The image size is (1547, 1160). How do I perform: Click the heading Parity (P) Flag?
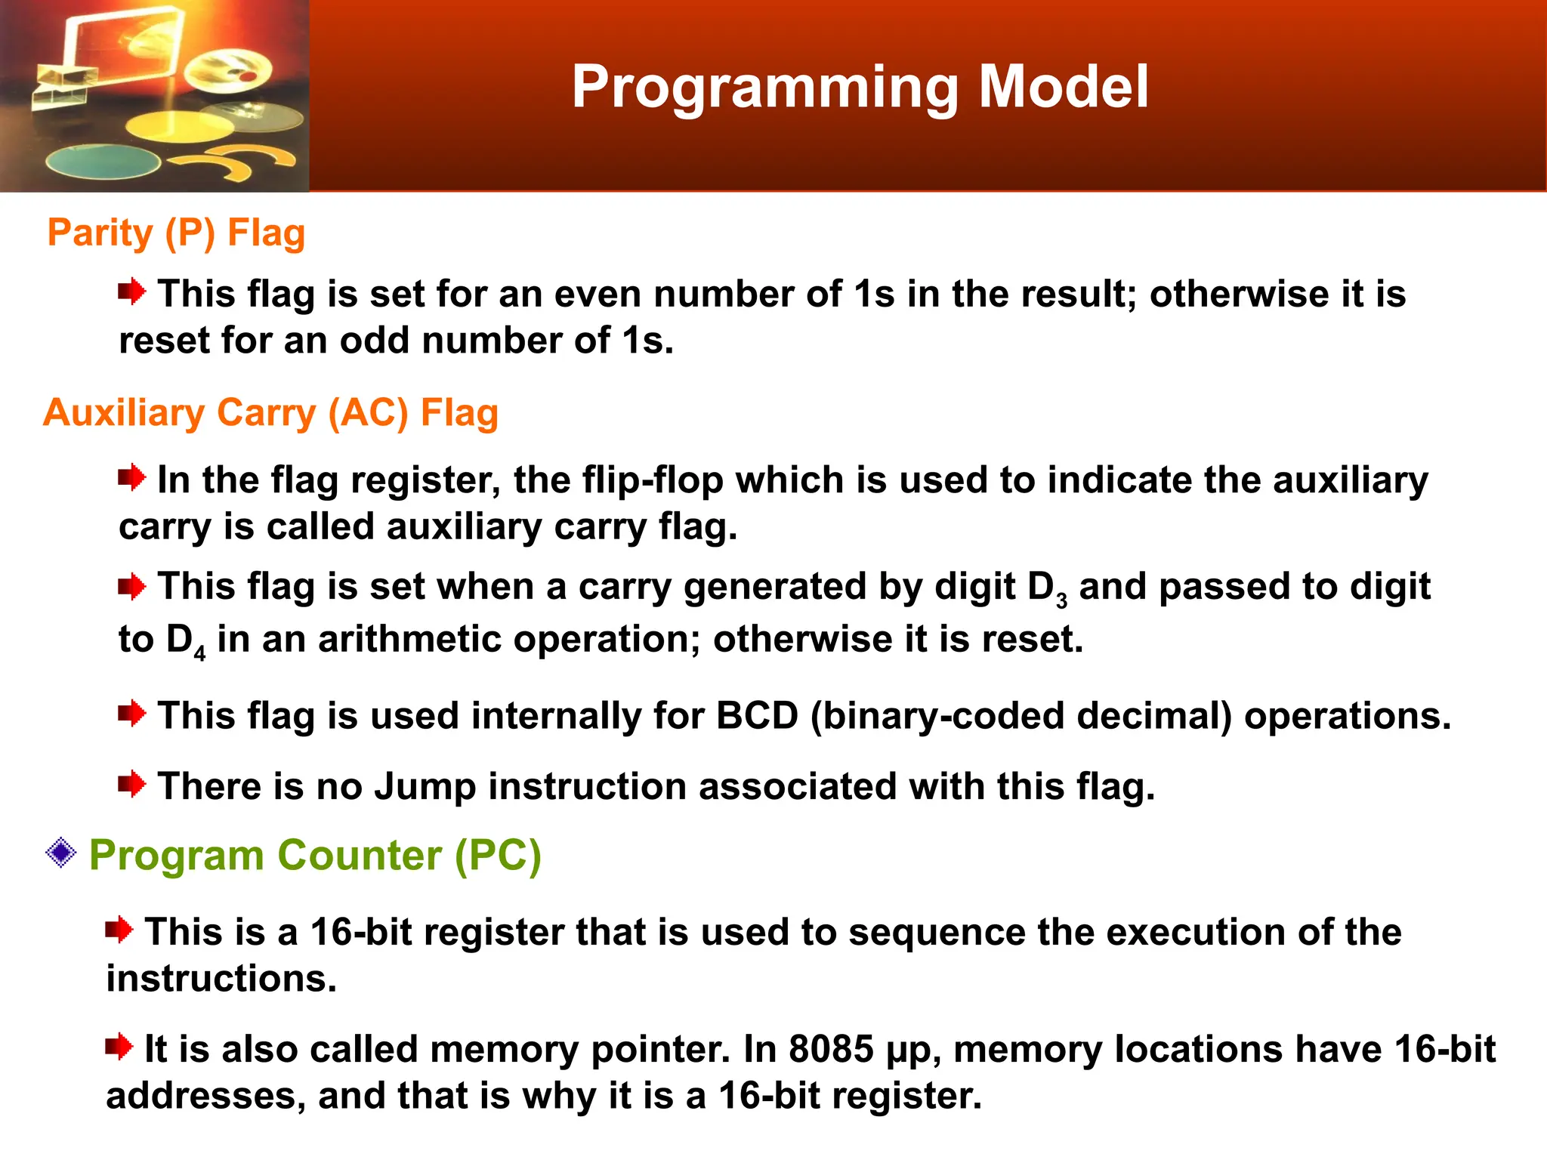[x=176, y=233]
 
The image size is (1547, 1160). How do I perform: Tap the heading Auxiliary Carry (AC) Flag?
[x=270, y=413]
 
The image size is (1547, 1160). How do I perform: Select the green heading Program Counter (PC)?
[x=315, y=856]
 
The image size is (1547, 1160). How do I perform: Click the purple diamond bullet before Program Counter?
[x=60, y=854]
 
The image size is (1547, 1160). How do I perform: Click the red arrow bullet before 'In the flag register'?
[x=131, y=477]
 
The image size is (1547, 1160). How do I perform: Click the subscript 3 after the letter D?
[x=1061, y=602]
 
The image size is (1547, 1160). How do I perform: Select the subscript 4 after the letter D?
[x=199, y=654]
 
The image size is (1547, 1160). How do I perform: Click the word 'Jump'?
[x=425, y=786]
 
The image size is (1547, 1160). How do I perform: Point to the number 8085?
[x=831, y=1049]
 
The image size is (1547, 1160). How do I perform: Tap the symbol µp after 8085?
[x=912, y=1051]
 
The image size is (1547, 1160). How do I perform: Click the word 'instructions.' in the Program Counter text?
[x=221, y=979]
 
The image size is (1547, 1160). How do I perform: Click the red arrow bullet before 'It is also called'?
[x=119, y=1047]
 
